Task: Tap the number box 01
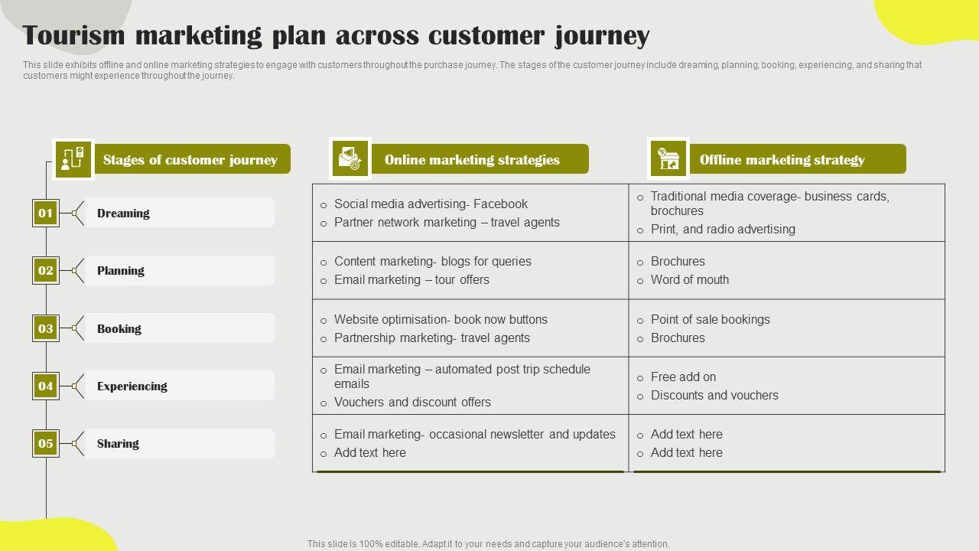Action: pos(46,213)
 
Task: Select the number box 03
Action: pos(46,328)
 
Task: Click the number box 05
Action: pos(46,443)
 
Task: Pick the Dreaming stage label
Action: pos(123,214)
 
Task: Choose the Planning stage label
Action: pos(120,271)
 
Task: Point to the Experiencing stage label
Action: pos(132,386)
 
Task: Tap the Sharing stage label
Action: pos(118,444)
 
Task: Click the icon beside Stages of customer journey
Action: pos(73,159)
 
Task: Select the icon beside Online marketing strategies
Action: pos(350,159)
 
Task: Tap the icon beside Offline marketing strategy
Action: pos(668,159)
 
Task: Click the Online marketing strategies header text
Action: pos(472,160)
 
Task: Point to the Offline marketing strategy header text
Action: pos(782,160)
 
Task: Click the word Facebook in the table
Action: pos(500,204)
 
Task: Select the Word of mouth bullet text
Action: pos(689,280)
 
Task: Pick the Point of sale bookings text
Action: pos(710,320)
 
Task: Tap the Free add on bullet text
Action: pos(683,377)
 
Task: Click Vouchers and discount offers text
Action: pos(412,403)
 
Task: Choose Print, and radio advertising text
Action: pos(723,230)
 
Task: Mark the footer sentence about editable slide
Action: pos(488,544)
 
